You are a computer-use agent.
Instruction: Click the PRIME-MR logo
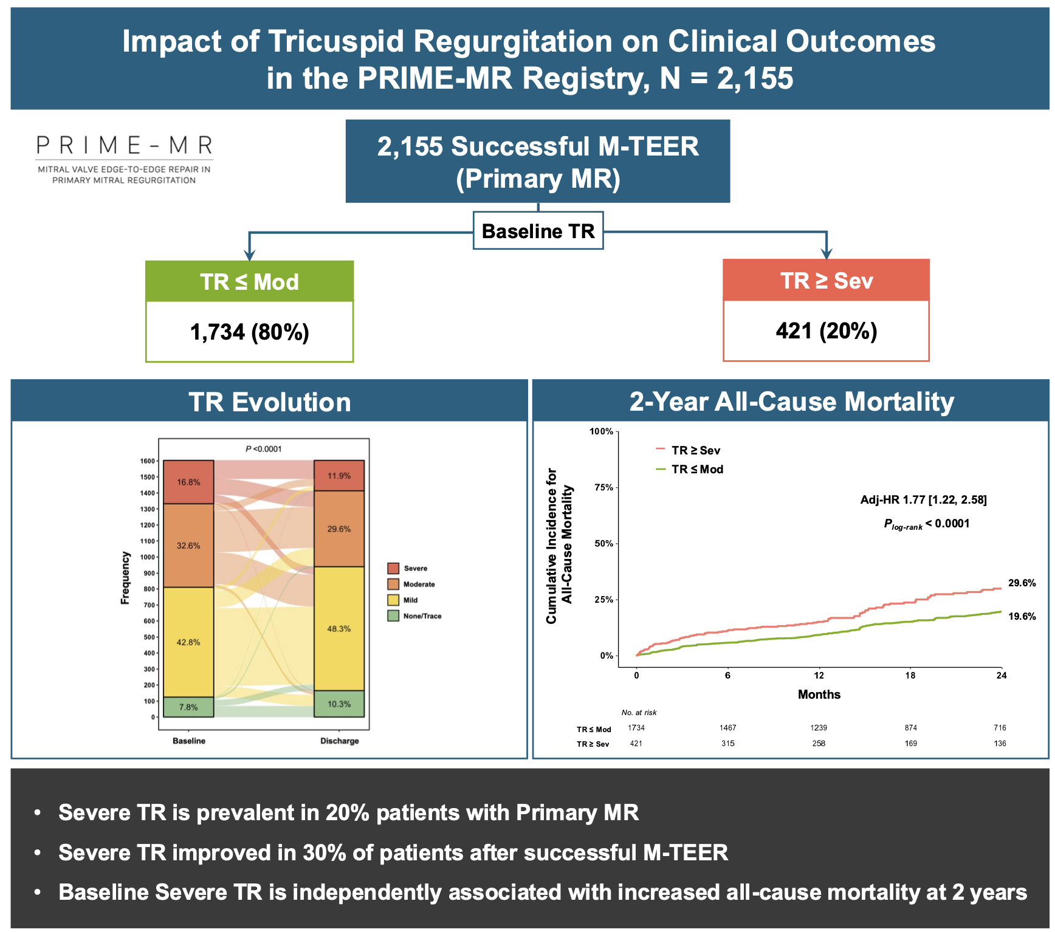pyautogui.click(x=125, y=158)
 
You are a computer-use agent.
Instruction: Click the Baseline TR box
pyautogui.click(x=538, y=231)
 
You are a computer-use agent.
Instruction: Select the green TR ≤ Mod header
pyautogui.click(x=249, y=282)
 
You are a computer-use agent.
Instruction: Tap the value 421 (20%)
pyautogui.click(x=826, y=331)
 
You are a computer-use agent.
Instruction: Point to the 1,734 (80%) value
pyautogui.click(x=249, y=332)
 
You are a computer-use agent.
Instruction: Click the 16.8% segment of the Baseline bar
pyautogui.click(x=188, y=482)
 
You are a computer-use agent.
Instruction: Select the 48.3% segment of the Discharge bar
pyautogui.click(x=339, y=629)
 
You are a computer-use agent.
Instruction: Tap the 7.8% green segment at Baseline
pyautogui.click(x=188, y=707)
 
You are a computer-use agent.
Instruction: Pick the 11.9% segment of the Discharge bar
pyautogui.click(x=339, y=476)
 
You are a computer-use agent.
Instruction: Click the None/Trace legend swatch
pyautogui.click(x=393, y=616)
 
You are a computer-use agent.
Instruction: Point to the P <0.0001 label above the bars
pyautogui.click(x=264, y=449)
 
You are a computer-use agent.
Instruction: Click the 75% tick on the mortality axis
pyautogui.click(x=603, y=487)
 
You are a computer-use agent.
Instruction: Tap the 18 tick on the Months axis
pyautogui.click(x=910, y=675)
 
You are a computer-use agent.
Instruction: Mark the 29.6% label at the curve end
pyautogui.click(x=1022, y=583)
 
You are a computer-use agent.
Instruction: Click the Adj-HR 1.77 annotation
pyautogui.click(x=923, y=500)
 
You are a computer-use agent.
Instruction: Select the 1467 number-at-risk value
pyautogui.click(x=727, y=728)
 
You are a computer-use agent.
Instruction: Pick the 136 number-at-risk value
pyautogui.click(x=1000, y=744)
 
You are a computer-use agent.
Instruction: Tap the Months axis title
pyautogui.click(x=819, y=694)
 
